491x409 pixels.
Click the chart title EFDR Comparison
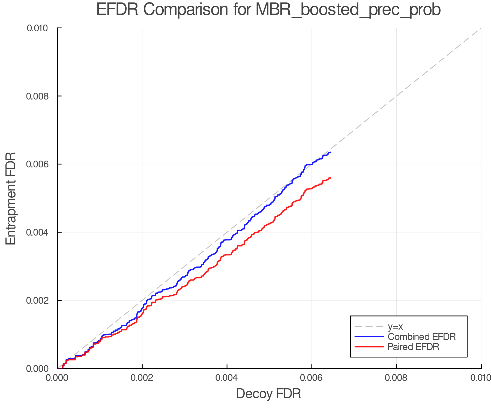click(x=268, y=10)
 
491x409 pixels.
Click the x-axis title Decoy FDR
click(x=268, y=394)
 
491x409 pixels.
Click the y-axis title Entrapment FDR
click(x=11, y=199)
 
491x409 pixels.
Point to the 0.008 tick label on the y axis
click(x=40, y=96)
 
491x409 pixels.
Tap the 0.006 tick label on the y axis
click(x=40, y=164)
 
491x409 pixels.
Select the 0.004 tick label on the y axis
click(x=40, y=233)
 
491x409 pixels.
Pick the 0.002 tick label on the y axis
click(x=40, y=300)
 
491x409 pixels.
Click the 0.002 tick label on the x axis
click(x=142, y=378)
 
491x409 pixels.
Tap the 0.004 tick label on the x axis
click(x=227, y=378)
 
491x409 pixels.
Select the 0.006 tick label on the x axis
click(x=312, y=378)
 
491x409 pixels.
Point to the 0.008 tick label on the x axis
click(x=396, y=378)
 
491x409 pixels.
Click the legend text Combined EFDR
click(x=421, y=337)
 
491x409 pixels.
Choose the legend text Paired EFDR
click(x=413, y=347)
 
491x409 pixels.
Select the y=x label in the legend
click(x=395, y=327)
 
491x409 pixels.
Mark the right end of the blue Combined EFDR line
click(x=331, y=152)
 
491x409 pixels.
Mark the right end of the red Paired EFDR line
click(x=331, y=178)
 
